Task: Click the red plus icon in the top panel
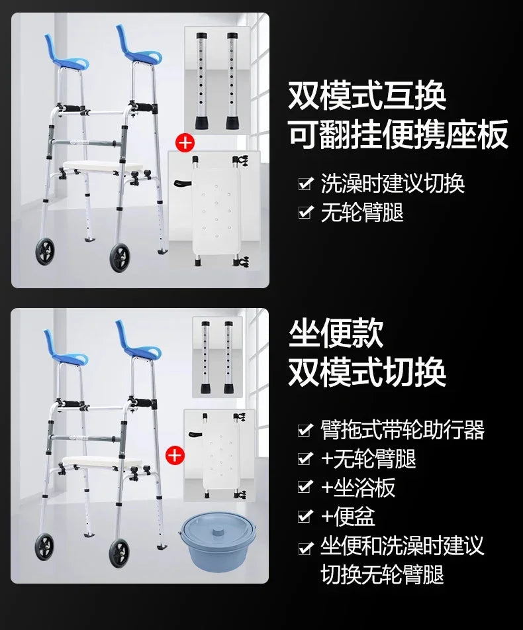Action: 185,143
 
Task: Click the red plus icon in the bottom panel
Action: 175,456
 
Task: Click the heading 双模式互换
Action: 367,95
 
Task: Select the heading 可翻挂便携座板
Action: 398,134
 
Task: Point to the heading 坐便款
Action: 336,333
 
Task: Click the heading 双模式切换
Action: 367,372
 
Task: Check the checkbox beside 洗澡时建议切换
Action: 306,184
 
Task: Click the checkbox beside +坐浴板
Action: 305,486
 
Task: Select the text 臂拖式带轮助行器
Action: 403,429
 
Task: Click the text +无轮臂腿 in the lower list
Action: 369,458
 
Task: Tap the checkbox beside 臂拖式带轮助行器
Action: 305,429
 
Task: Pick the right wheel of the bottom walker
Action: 120,552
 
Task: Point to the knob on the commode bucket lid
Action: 218,532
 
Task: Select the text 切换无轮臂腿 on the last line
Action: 382,574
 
